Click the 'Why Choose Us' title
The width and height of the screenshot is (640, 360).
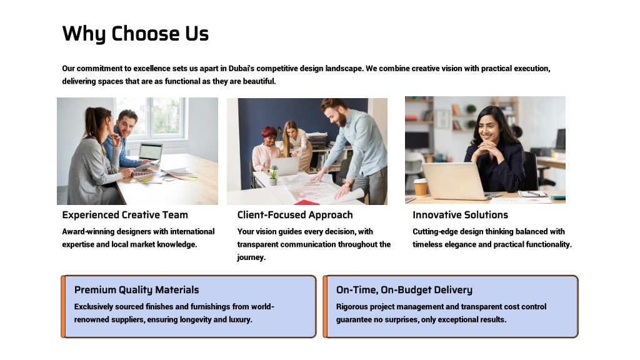pyautogui.click(x=135, y=34)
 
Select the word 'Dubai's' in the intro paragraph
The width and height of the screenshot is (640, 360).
pyautogui.click(x=241, y=68)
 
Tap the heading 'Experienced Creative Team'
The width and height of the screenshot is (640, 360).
pyautogui.click(x=125, y=215)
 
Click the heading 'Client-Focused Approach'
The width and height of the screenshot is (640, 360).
pyautogui.click(x=295, y=215)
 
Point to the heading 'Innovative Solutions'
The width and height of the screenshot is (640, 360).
pyautogui.click(x=460, y=215)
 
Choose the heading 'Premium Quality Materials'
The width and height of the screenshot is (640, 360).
pyautogui.click(x=136, y=290)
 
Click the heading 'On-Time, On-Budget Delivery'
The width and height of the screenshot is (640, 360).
pyautogui.click(x=404, y=290)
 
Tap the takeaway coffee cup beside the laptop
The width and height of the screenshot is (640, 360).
pyautogui.click(x=420, y=187)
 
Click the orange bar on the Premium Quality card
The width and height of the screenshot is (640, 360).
pyautogui.click(x=63, y=306)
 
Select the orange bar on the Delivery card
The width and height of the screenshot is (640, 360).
pyautogui.click(x=325, y=306)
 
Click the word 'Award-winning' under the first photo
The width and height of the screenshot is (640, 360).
pyautogui.click(x=88, y=231)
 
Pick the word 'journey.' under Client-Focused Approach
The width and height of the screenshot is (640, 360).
pyautogui.click(x=251, y=257)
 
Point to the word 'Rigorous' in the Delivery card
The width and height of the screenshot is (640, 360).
pyautogui.click(x=352, y=306)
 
